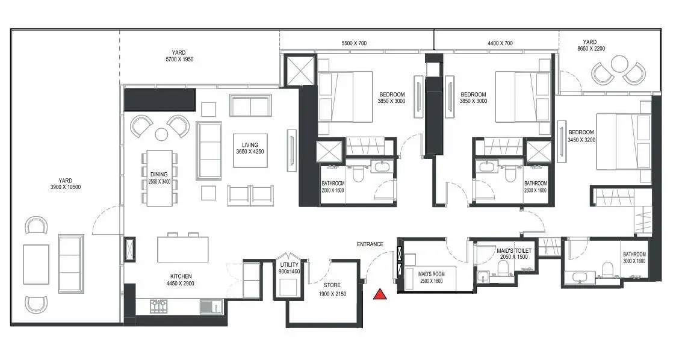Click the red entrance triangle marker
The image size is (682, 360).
coord(380,294)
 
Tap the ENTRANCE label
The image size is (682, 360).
coord(370,244)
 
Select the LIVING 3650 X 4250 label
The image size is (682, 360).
coord(250,148)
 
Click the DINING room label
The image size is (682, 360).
coord(159,178)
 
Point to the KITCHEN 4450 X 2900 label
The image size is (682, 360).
coord(181,279)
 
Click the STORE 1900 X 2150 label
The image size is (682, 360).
coord(332,289)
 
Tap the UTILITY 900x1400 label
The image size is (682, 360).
coord(290,268)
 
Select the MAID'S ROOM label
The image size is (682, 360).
coord(432,278)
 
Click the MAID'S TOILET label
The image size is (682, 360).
coord(514,254)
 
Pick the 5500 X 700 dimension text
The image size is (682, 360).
coord(354,43)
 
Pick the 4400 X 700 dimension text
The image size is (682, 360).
coord(500,43)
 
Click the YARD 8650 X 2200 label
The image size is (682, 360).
coord(591,45)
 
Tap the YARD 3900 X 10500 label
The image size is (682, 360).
coord(65,184)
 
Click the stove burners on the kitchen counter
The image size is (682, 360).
coord(159,306)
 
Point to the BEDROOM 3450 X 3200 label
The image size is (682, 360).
coord(581,136)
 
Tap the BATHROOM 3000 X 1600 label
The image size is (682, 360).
coord(634,258)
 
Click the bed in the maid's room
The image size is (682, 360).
coord(431,278)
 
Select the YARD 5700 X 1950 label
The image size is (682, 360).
coord(179,56)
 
